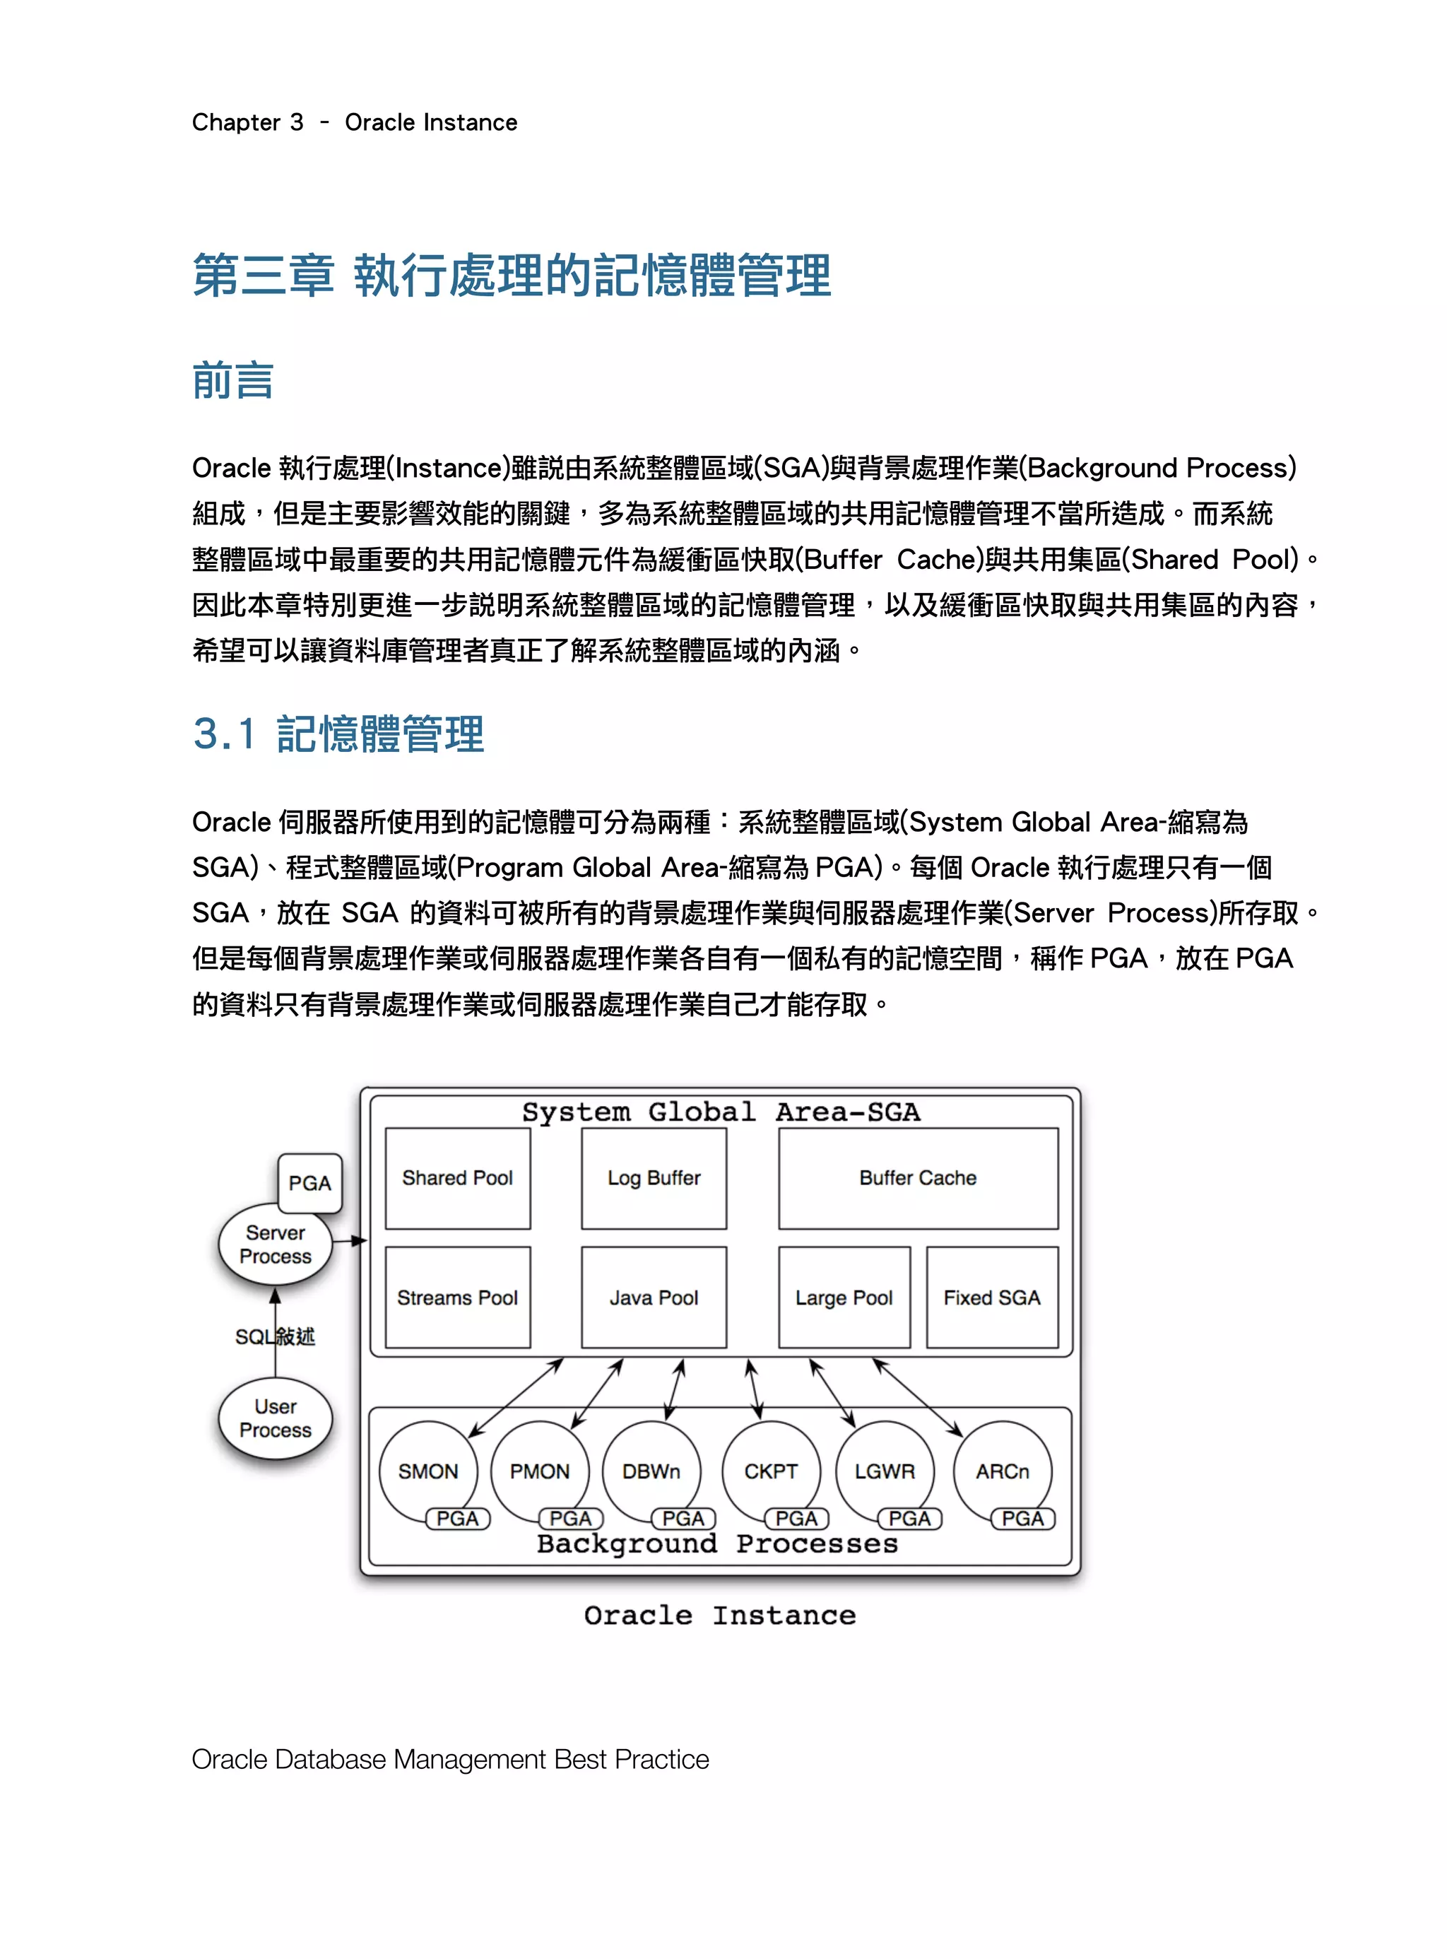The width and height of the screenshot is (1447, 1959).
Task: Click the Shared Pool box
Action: (x=457, y=1178)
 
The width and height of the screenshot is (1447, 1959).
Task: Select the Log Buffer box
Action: (x=654, y=1178)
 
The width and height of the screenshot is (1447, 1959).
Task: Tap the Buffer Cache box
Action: (x=917, y=1178)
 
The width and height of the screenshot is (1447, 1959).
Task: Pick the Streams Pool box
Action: (x=457, y=1298)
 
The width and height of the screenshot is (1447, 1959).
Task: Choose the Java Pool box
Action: (x=654, y=1298)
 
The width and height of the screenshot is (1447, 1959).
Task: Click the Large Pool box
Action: (x=844, y=1298)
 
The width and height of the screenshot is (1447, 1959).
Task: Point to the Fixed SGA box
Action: (x=991, y=1298)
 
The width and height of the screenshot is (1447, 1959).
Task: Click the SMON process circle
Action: (x=427, y=1471)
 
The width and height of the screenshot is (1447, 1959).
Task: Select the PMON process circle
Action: (x=540, y=1471)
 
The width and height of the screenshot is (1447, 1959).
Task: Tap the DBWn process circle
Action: (x=651, y=1471)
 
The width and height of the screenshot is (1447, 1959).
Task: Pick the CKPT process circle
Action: (x=771, y=1471)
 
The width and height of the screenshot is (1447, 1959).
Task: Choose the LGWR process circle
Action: (x=885, y=1471)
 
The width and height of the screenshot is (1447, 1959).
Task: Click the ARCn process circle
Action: (x=1002, y=1471)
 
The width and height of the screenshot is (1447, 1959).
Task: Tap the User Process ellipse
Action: (x=275, y=1418)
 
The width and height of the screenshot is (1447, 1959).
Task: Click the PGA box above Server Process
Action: (x=310, y=1183)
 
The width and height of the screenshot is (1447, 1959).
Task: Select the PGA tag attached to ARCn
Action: (x=1022, y=1518)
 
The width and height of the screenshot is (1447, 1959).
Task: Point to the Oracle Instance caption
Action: (x=720, y=1616)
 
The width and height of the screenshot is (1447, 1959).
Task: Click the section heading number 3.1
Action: (x=224, y=734)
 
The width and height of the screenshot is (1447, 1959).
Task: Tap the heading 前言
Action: (x=233, y=381)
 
